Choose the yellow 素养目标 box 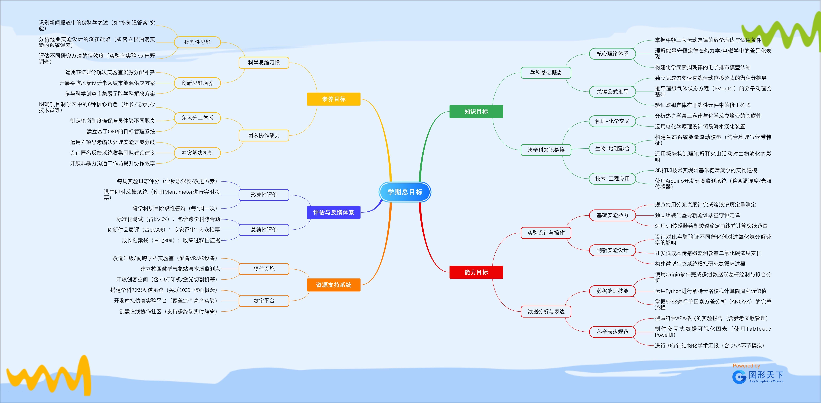(333, 99)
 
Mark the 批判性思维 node (197, 42)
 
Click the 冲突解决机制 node (197, 153)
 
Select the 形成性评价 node (264, 195)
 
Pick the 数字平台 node (264, 301)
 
